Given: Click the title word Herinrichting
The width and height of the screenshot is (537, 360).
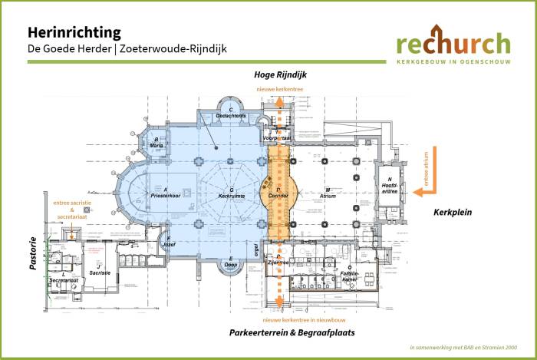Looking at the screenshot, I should (x=74, y=32).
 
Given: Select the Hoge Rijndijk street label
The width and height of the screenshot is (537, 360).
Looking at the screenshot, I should (x=280, y=75).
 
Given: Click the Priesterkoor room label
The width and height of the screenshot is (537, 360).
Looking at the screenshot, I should (x=165, y=195).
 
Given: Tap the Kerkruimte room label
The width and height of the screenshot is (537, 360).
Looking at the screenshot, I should (x=231, y=195).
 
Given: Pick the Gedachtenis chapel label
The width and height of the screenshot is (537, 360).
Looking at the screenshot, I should (x=230, y=116).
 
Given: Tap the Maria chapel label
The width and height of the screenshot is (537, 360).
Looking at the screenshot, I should (x=156, y=144).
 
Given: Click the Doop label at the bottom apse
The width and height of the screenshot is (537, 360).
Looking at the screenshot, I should (x=231, y=265).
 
